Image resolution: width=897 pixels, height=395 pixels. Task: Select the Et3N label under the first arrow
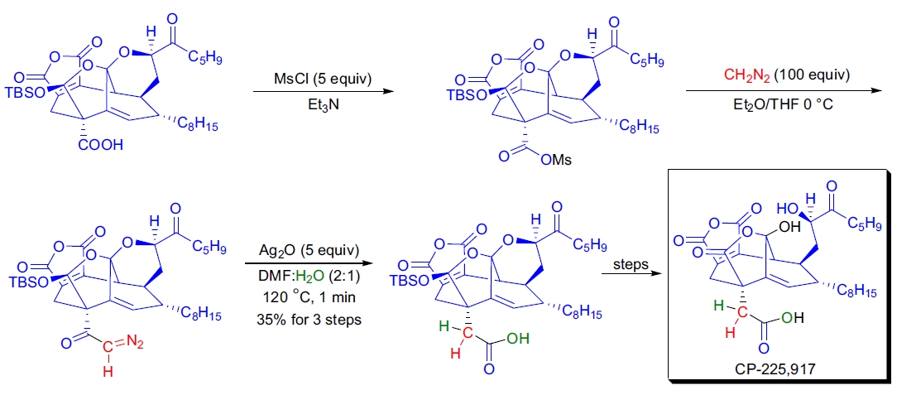click(323, 105)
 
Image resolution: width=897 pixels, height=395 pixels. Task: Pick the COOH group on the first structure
click(101, 146)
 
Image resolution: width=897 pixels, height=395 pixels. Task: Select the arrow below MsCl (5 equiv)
click(323, 93)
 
